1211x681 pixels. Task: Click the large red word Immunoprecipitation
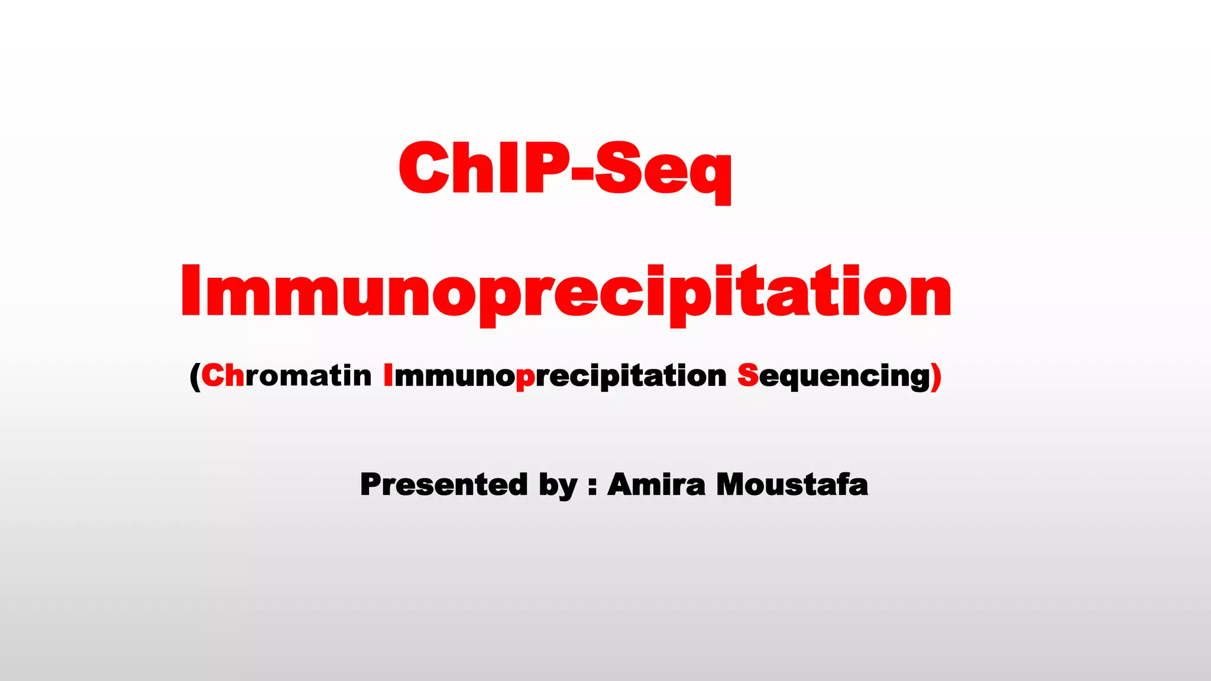[x=566, y=292]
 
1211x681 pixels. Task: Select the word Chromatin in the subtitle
[x=286, y=376]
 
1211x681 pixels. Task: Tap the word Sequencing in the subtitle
[x=834, y=376]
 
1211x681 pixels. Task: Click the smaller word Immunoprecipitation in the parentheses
[x=555, y=376]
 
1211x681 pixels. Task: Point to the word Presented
[x=443, y=485]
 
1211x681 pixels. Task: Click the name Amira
[x=656, y=485]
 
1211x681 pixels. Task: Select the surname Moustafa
[x=792, y=485]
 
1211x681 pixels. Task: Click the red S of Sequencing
[x=748, y=376]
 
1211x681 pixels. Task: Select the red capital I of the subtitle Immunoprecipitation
[x=388, y=375]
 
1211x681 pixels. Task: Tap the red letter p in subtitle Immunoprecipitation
[x=525, y=378]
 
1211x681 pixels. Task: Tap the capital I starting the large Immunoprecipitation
[x=191, y=292]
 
